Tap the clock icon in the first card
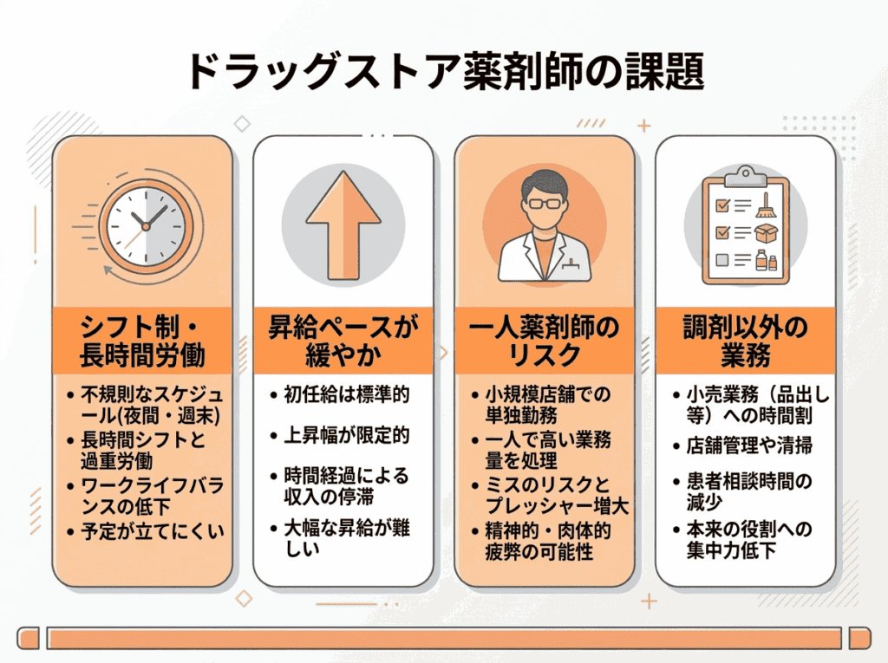(x=145, y=225)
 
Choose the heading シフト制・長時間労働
(x=143, y=341)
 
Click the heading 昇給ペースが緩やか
(x=343, y=341)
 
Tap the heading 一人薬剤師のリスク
(x=545, y=341)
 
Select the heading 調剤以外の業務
(x=745, y=341)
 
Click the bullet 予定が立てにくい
(x=151, y=530)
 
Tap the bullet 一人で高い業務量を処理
(x=546, y=451)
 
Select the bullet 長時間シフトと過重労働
(x=143, y=451)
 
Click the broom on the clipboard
(x=765, y=205)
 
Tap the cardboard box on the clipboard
(x=765, y=233)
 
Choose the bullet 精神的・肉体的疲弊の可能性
(x=546, y=541)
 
